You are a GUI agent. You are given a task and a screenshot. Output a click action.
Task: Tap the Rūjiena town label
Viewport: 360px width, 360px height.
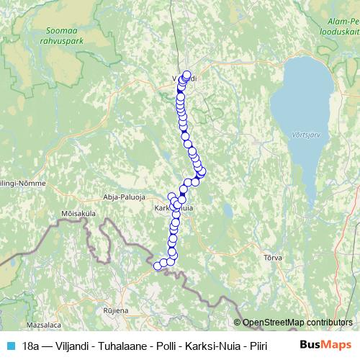click(x=114, y=310)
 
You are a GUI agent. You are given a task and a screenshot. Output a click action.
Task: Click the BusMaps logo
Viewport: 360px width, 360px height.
click(x=325, y=346)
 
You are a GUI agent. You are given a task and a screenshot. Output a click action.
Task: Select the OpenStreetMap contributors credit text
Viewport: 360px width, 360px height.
click(x=297, y=323)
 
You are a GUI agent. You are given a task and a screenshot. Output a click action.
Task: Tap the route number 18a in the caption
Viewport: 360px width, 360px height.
click(x=30, y=346)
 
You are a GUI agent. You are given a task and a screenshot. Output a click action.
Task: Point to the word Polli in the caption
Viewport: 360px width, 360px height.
click(x=163, y=346)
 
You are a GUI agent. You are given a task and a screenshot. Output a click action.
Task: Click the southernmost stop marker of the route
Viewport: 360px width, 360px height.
click(x=158, y=266)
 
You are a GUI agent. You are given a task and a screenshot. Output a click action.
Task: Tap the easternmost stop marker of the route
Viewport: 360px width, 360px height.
click(x=202, y=171)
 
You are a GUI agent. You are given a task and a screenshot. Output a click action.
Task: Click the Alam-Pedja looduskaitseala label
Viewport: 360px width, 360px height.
click(x=338, y=27)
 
